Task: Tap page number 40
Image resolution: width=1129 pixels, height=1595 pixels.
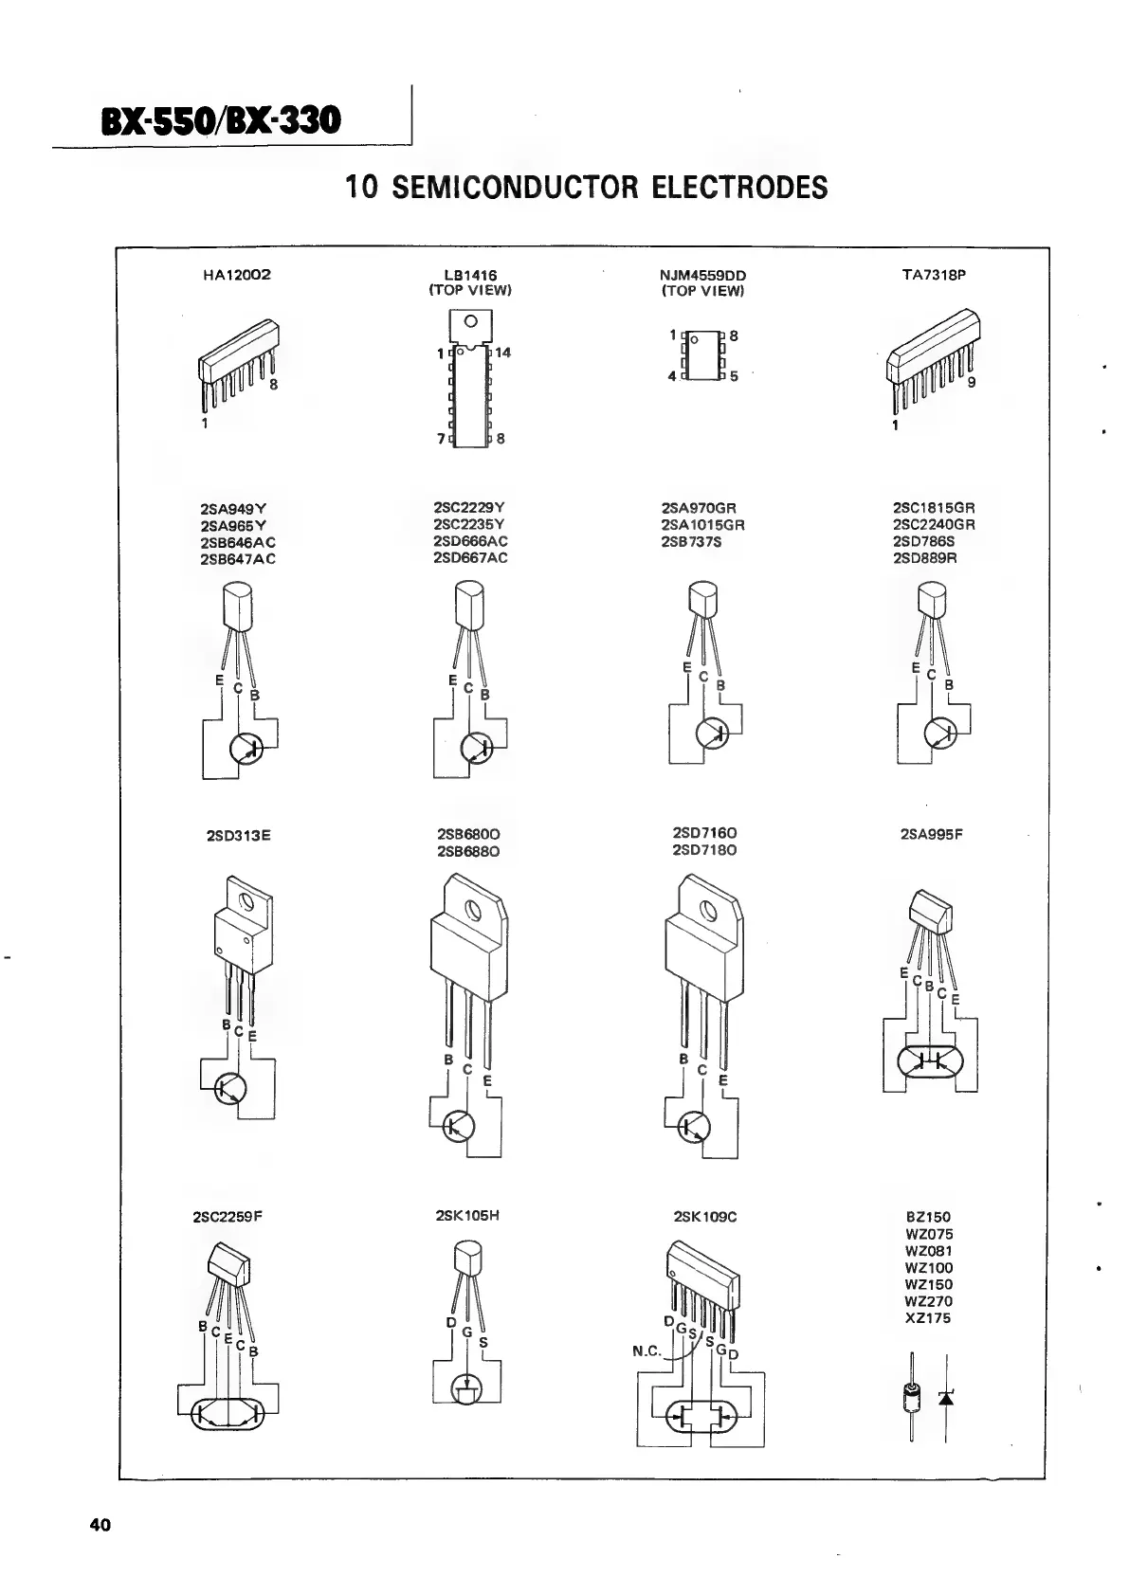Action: (100, 1525)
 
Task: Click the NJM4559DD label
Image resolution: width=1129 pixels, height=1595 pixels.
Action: (702, 276)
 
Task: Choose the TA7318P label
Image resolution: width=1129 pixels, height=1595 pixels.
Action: (934, 275)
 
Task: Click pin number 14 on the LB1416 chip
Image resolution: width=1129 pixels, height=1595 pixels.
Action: (502, 353)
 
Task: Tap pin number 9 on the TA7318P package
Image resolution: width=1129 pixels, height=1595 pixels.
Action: (972, 384)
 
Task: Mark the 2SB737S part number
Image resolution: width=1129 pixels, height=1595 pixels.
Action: (691, 542)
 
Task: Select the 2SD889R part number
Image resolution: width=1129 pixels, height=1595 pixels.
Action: (925, 558)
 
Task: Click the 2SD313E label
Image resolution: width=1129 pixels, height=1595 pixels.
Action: (239, 836)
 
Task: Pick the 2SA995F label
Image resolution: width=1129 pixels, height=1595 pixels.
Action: (933, 835)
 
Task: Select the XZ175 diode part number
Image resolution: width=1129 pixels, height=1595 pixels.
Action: (928, 1318)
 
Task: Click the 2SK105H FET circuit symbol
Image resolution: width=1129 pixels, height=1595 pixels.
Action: (466, 1389)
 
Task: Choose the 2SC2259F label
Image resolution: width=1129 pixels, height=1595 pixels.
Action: (227, 1217)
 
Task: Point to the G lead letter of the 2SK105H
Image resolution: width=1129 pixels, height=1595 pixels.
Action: (466, 1332)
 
